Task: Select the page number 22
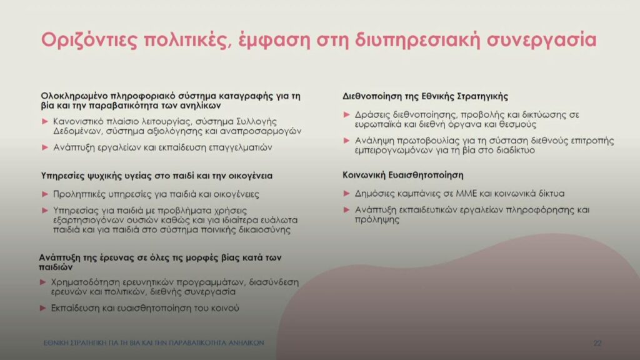tap(597, 343)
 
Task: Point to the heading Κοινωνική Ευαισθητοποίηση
tap(403, 175)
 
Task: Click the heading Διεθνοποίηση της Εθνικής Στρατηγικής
tap(425, 97)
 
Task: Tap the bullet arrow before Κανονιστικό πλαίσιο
tap(45, 122)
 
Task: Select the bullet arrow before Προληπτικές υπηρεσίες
tap(45, 194)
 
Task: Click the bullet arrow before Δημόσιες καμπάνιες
tap(346, 194)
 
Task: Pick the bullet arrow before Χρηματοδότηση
tap(43, 282)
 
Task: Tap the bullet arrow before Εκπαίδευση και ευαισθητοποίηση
tap(43, 308)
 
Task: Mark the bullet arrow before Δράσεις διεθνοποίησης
tap(346, 115)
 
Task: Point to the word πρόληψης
tap(377, 219)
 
